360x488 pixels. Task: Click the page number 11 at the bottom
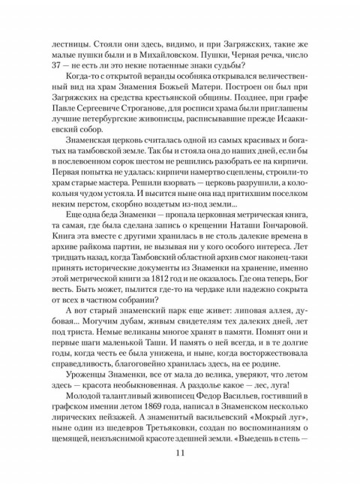click(x=179, y=452)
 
